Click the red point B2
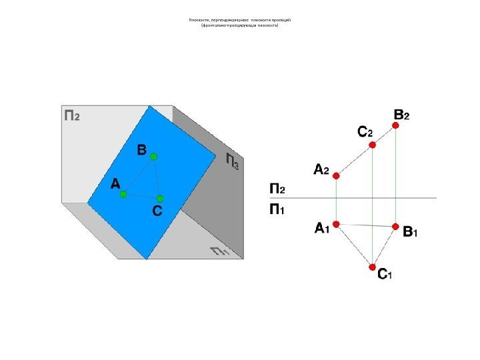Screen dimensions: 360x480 [x=396, y=125]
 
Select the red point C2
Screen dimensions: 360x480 [x=373, y=144]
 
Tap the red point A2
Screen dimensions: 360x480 [x=337, y=176]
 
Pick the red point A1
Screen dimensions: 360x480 [x=337, y=224]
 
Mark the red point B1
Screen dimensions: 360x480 [x=396, y=227]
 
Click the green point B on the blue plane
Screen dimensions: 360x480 [x=153, y=157]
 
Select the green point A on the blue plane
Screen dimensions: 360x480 [x=123, y=194]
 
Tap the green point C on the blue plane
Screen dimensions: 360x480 [x=160, y=199]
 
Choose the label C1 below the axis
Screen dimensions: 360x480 [x=385, y=274]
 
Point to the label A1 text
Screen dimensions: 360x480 [x=322, y=229]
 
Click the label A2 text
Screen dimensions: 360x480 [x=322, y=170]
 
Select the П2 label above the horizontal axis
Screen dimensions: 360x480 [x=277, y=189]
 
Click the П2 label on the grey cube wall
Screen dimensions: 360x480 [x=72, y=115]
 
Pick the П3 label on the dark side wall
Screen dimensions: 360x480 [x=232, y=161]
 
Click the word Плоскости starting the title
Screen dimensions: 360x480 [x=199, y=20]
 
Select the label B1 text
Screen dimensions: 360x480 [x=411, y=233]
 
